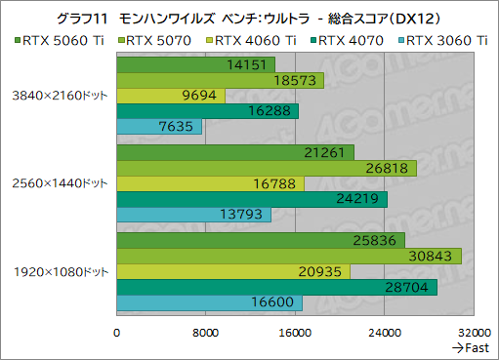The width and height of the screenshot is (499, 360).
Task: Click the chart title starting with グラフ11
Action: point(249,17)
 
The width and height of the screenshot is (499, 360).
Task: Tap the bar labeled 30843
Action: point(289,255)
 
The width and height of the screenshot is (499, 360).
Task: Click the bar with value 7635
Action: point(159,127)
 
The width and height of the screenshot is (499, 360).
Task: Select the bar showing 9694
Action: point(171,96)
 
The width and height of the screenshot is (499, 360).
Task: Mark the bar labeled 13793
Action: point(193,215)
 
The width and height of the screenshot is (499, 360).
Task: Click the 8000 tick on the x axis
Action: point(205,332)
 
